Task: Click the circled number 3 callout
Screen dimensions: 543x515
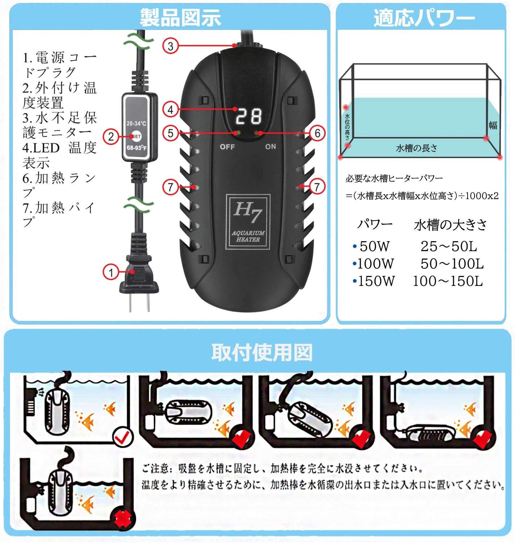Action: coord(170,46)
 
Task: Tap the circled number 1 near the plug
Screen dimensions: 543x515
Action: coord(111,272)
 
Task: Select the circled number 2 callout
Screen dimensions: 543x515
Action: coord(111,137)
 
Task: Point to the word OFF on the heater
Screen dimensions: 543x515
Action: coord(227,147)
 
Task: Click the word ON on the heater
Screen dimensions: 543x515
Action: coord(271,147)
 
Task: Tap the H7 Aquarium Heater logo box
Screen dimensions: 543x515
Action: coord(248,222)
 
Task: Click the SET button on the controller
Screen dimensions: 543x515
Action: coord(136,136)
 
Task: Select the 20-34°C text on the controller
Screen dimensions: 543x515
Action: coord(136,123)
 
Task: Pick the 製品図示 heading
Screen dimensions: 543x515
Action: coord(180,17)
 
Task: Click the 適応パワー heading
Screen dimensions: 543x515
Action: coord(424,17)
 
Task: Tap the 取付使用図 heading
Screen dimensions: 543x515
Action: coord(261,352)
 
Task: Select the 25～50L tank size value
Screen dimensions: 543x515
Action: coord(449,247)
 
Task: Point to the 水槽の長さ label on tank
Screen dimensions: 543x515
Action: coord(416,148)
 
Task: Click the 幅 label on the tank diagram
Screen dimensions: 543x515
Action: coord(493,125)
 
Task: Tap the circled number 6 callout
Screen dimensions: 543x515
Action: coord(317,133)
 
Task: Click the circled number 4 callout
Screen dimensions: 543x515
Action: coord(170,109)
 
